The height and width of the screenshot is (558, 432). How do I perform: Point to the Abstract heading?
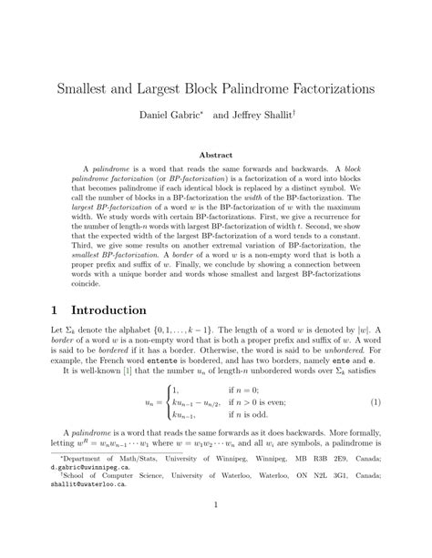[x=215, y=155]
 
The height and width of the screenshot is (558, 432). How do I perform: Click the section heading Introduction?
[x=100, y=310]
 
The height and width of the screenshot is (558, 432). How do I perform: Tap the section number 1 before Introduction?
[x=42, y=310]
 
